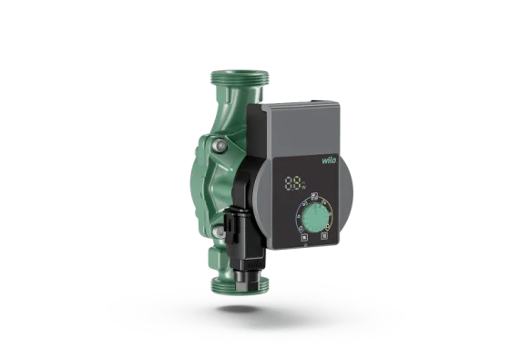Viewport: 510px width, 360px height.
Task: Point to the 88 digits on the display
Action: coord(293,182)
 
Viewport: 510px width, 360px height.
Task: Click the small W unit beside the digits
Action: coord(303,186)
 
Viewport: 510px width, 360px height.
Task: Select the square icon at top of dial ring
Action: coord(313,196)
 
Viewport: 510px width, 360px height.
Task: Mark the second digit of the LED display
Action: coord(298,182)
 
